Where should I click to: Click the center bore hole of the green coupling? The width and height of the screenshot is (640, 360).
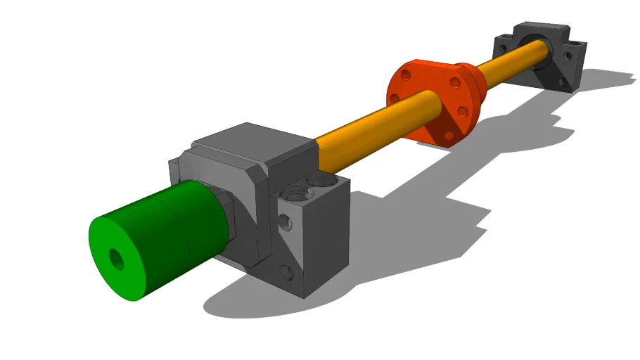(x=117, y=259)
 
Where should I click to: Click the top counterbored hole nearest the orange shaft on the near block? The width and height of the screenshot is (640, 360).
(x=321, y=182)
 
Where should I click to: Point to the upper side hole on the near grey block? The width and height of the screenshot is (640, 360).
(x=285, y=223)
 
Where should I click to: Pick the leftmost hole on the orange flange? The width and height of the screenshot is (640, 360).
(x=395, y=98)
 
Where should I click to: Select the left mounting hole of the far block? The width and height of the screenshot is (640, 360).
(x=502, y=44)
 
